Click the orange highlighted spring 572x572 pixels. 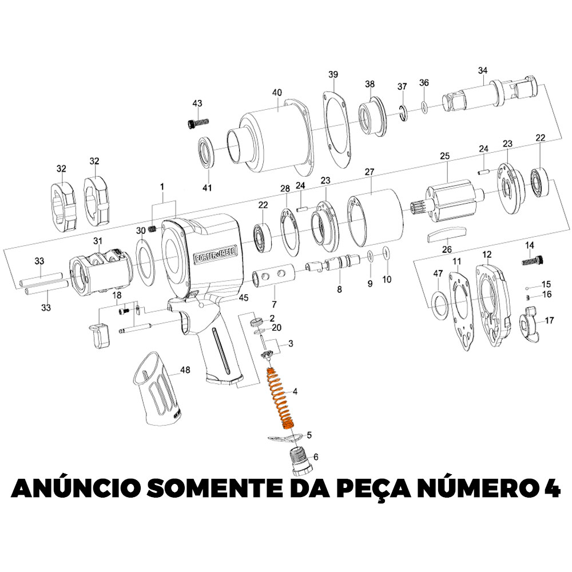click(x=281, y=399)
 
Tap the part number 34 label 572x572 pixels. click(x=483, y=70)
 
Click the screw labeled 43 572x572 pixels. click(x=197, y=123)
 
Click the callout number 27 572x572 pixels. click(x=370, y=172)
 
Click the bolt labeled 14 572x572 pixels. click(x=533, y=261)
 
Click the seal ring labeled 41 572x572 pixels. click(x=206, y=152)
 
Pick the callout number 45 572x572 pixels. click(x=244, y=297)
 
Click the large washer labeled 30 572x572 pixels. click(x=145, y=261)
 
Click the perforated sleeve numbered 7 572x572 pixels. click(x=273, y=276)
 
